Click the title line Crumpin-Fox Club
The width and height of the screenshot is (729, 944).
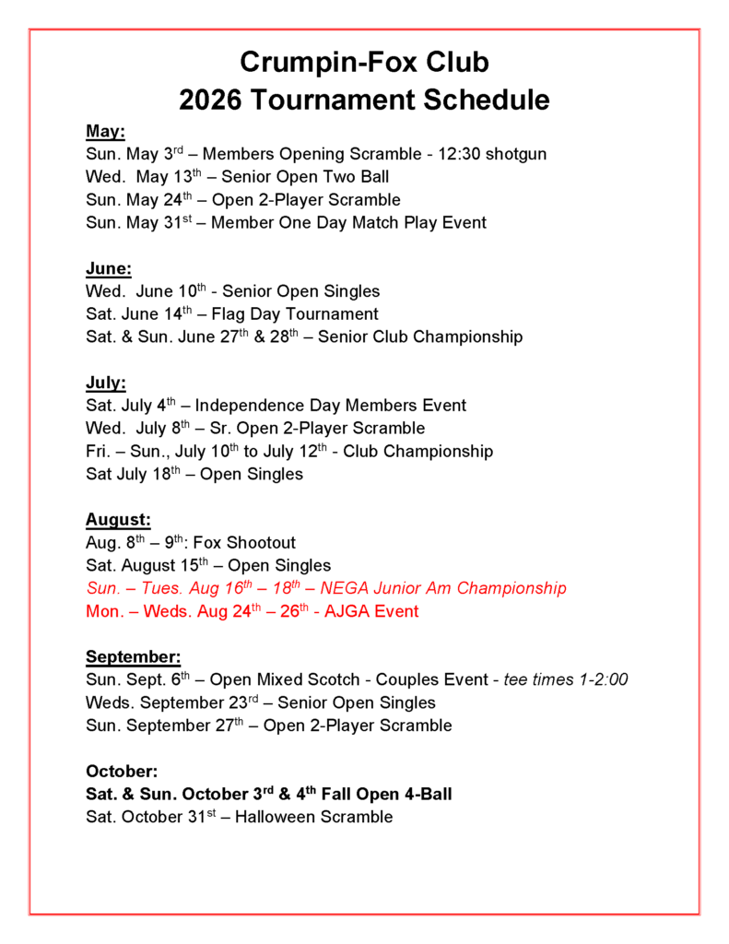364,63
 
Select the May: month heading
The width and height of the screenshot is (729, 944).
105,131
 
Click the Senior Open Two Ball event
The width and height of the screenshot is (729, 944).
305,177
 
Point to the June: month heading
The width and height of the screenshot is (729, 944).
109,268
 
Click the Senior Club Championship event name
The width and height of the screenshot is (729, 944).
420,337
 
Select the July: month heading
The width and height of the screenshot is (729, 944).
106,383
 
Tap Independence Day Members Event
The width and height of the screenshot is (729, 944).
331,406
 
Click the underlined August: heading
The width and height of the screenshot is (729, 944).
118,520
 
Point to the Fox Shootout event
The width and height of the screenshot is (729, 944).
244,543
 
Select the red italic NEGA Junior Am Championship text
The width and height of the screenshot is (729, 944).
448,588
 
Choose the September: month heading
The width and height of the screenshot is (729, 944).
133,656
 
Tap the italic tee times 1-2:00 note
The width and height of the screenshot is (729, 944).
566,679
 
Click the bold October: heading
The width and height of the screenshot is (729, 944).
122,771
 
